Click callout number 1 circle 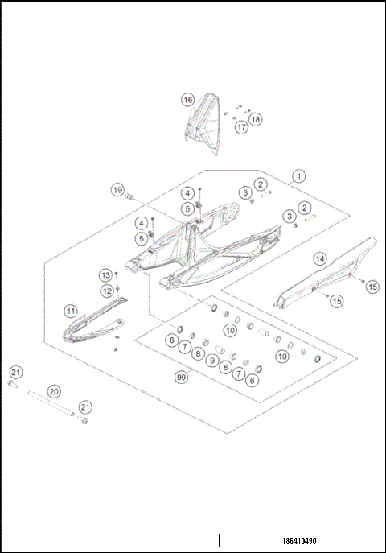click(298, 175)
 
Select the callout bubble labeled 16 click(187, 100)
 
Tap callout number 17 click(240, 127)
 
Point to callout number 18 click(256, 119)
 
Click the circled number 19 click(117, 190)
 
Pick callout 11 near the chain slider click(71, 311)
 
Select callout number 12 click(106, 291)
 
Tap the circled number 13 click(105, 275)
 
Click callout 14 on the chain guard click(319, 258)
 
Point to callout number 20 click(55, 391)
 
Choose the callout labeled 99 click(183, 376)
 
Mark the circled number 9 click(212, 361)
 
